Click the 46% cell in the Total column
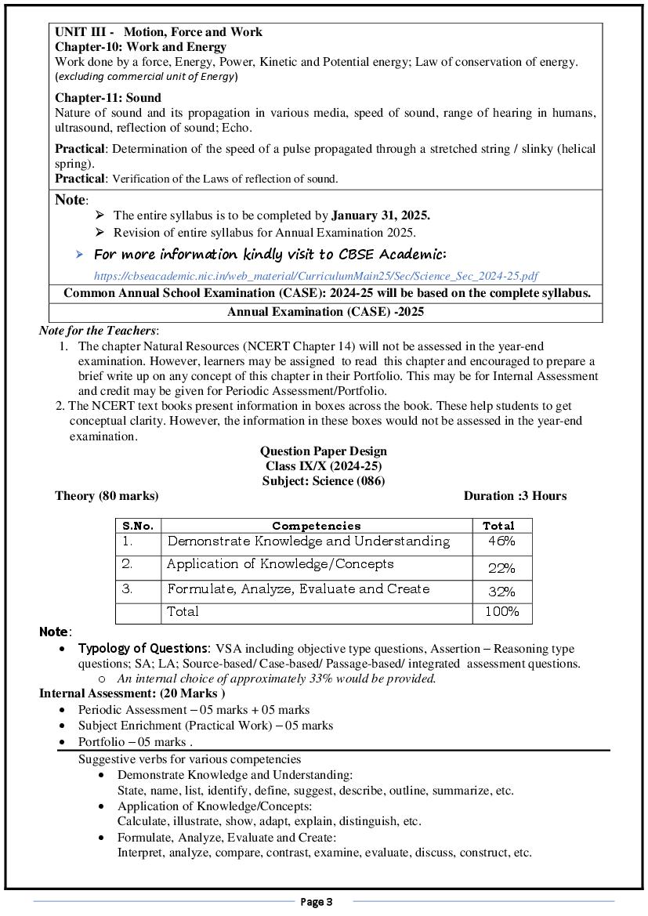click(x=501, y=541)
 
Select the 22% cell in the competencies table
click(x=501, y=568)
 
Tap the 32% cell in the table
click(x=501, y=592)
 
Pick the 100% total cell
click(x=501, y=612)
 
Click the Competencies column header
click(x=316, y=526)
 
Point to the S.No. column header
click(x=138, y=526)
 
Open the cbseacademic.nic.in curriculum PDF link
click(x=316, y=276)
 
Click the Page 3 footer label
click(x=317, y=902)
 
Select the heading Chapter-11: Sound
click(x=108, y=98)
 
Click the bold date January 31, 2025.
click(x=381, y=215)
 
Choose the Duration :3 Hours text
click(x=515, y=496)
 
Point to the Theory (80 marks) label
click(x=107, y=496)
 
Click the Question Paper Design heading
click(x=324, y=451)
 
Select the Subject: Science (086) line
click(x=324, y=481)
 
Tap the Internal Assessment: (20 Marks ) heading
click(x=132, y=693)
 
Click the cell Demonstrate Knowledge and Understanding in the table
click(x=309, y=541)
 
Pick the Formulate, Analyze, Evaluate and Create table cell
click(x=299, y=589)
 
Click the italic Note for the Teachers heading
click(x=99, y=331)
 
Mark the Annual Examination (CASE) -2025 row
click(x=325, y=312)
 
